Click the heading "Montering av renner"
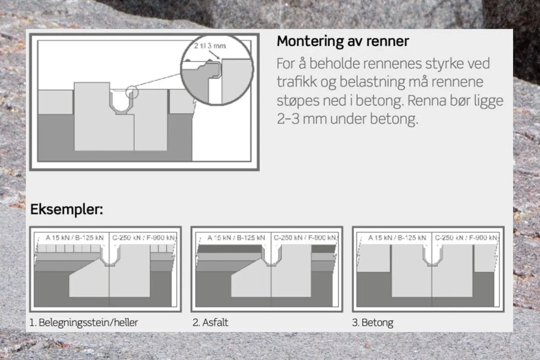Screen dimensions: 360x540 point(343,42)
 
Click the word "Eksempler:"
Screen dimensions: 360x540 point(67,210)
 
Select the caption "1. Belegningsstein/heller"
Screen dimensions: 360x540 point(84,323)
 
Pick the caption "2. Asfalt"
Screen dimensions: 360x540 point(210,323)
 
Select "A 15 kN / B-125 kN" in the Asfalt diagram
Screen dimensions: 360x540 point(236,238)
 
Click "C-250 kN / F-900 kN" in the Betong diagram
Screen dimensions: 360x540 point(466,238)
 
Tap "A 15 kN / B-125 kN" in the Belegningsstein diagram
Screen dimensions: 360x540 point(74,238)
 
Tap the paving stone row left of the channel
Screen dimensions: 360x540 point(68,249)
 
